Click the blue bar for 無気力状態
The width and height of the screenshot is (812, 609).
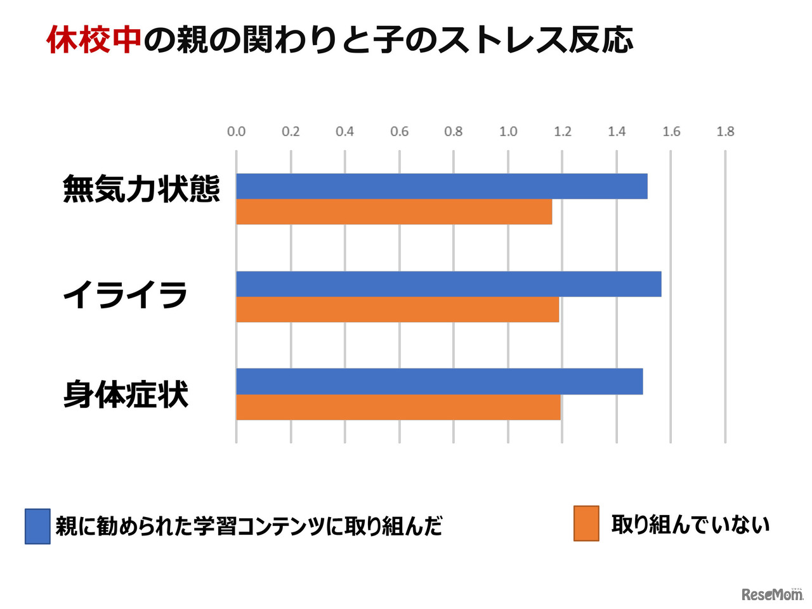[x=442, y=187]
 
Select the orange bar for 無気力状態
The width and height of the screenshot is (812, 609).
[x=394, y=212]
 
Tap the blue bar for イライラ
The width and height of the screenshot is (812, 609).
[x=449, y=284]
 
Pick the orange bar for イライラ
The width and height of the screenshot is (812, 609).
[x=397, y=310]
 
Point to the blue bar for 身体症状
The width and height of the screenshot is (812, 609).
[x=439, y=382]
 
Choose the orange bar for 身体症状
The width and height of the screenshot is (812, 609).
[x=398, y=407]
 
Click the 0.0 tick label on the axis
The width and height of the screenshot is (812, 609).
[x=236, y=131]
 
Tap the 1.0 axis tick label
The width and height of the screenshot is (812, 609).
[x=508, y=131]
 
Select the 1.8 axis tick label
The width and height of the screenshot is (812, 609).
[x=725, y=131]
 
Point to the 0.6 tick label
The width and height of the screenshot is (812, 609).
[x=399, y=131]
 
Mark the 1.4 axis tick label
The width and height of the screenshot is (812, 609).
[x=617, y=131]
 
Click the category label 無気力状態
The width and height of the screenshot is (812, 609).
[x=141, y=189]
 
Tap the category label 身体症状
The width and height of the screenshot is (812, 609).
[x=126, y=395]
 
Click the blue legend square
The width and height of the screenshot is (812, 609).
[x=37, y=527]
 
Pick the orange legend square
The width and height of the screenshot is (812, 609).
[x=586, y=523]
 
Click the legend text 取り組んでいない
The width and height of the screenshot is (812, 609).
[x=690, y=525]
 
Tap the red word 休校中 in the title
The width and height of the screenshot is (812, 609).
[x=94, y=40]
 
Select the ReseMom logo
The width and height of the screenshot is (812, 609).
[x=771, y=594]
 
